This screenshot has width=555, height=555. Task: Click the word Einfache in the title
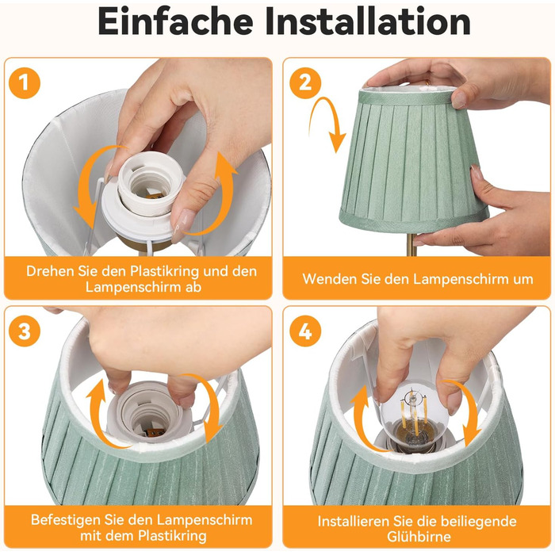tap(175, 21)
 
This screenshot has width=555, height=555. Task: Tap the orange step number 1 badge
tap(25, 82)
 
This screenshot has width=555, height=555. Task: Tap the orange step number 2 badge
tap(305, 82)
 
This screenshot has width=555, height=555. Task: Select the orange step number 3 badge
tap(25, 331)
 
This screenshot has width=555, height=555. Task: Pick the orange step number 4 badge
tap(305, 331)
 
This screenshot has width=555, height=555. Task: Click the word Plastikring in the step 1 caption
tap(164, 271)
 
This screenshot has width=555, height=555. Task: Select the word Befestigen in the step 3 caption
tap(66, 520)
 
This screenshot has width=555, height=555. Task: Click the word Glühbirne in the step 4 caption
tap(419, 537)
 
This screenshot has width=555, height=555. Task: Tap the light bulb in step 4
tap(411, 414)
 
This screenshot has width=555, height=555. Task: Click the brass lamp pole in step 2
tap(411, 244)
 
